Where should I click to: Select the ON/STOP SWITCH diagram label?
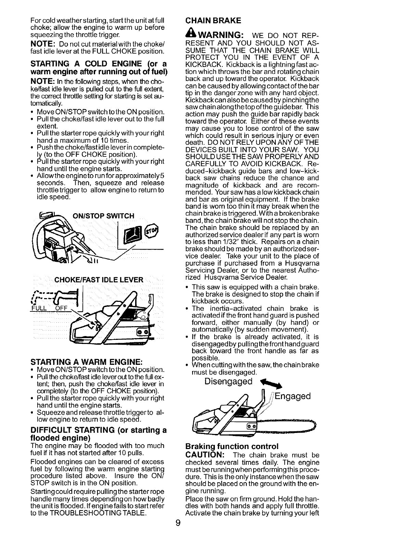[x=102, y=216]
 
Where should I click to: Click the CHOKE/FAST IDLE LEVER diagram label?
[x=99, y=280]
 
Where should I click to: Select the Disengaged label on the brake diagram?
[x=228, y=382]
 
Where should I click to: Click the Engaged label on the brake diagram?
[x=293, y=396]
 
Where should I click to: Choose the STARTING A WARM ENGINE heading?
[x=86, y=362]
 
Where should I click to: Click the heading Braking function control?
[x=232, y=446]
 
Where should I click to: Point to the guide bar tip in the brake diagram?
[x=314, y=426]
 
